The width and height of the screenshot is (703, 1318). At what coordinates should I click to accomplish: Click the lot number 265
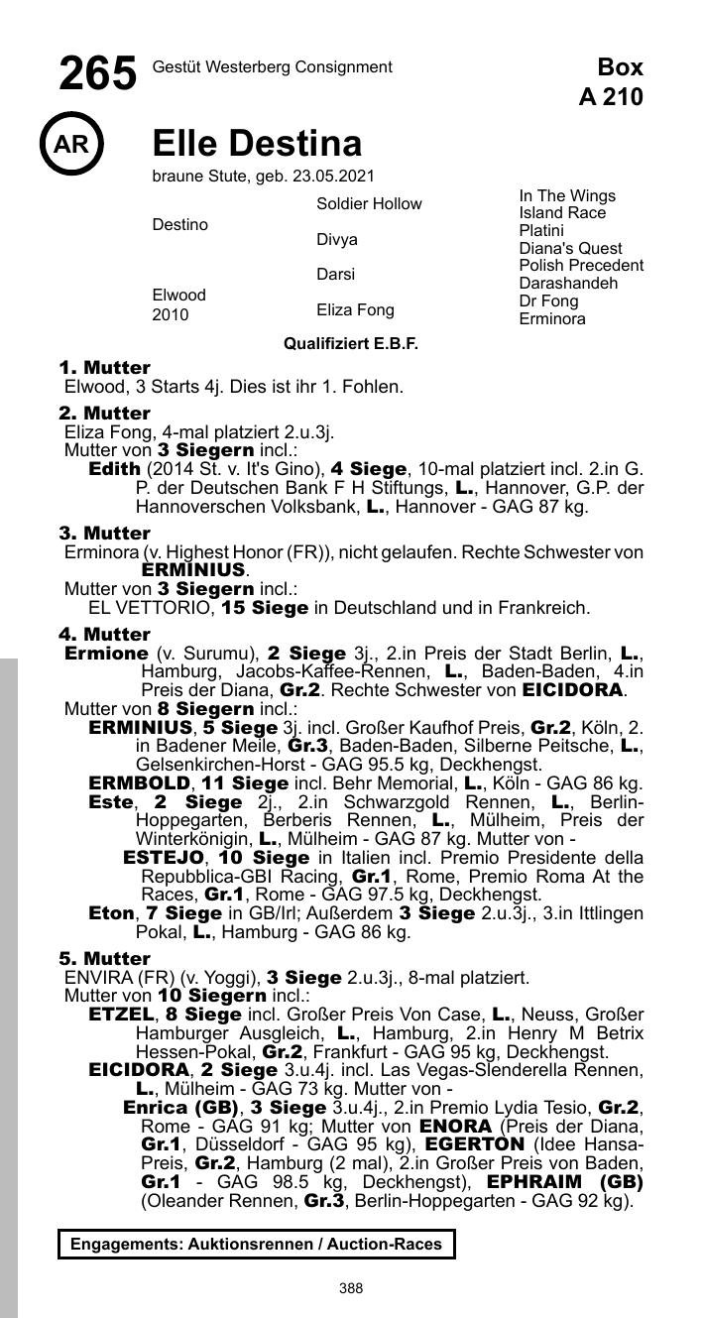click(x=97, y=74)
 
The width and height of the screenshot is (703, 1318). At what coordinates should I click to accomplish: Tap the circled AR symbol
click(x=71, y=145)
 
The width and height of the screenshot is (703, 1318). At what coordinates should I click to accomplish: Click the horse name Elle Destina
click(x=257, y=144)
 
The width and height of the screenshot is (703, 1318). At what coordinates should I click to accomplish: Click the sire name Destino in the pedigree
click(x=179, y=225)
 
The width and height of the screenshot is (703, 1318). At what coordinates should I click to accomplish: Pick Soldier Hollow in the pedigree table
click(x=369, y=204)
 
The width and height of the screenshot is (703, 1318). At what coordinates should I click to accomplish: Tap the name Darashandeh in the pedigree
click(x=568, y=284)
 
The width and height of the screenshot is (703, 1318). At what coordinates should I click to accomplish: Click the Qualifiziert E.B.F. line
click(x=351, y=344)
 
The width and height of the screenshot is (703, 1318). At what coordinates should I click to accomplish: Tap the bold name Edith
click(x=114, y=468)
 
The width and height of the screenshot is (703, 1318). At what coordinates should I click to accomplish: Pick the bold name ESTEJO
click(x=164, y=857)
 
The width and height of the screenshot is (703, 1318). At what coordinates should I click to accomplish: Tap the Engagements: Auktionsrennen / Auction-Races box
click(x=256, y=1244)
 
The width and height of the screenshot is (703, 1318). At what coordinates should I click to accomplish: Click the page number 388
click(x=351, y=1288)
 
